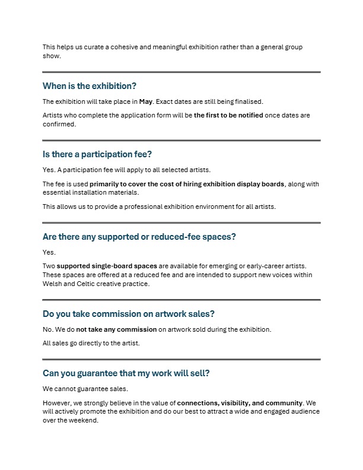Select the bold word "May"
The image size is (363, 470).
click(146, 101)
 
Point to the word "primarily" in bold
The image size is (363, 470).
click(106, 184)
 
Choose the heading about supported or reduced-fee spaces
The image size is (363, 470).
click(139, 236)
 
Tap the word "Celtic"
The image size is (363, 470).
click(83, 284)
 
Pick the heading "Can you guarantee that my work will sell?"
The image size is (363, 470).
click(126, 373)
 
